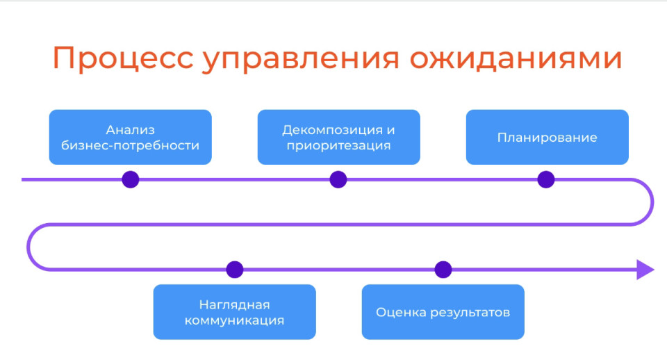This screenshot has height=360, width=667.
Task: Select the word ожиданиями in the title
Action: (516, 58)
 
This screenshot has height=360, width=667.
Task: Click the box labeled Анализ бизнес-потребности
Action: (130, 137)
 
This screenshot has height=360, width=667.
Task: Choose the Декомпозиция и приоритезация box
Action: (338, 137)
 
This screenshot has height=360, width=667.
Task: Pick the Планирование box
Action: (547, 137)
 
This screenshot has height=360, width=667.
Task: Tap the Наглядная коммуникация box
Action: (234, 312)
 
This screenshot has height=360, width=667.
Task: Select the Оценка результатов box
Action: (443, 312)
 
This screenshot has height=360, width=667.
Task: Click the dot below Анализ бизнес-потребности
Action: (130, 179)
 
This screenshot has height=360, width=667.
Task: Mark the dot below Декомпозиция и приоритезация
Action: (338, 179)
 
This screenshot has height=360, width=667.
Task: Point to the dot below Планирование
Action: (546, 179)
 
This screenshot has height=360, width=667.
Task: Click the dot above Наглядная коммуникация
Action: (235, 270)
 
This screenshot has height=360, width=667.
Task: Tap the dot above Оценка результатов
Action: (443, 270)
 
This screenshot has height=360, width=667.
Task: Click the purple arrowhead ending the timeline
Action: (645, 270)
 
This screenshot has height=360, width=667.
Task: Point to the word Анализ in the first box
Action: (130, 129)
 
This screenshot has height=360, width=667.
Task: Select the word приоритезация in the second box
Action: (338, 145)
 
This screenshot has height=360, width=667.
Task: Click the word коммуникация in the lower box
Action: (234, 320)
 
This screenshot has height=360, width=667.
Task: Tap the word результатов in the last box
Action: (470, 313)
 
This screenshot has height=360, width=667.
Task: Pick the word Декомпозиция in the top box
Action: (332, 130)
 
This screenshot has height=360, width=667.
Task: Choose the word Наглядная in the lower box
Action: (234, 304)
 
